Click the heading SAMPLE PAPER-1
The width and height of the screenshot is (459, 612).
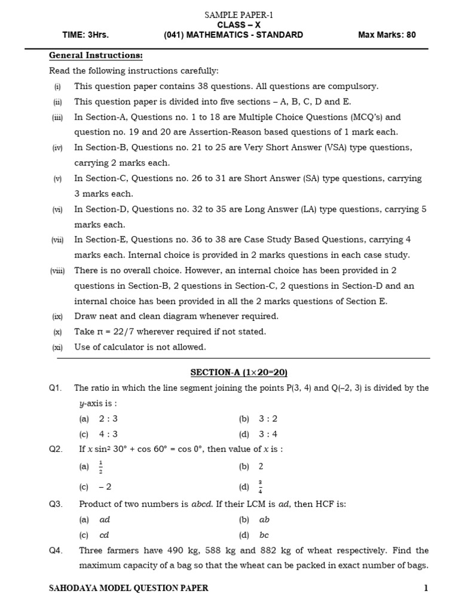click(x=238, y=15)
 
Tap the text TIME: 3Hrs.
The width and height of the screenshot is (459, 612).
click(x=85, y=35)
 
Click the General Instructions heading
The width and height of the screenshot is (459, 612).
click(x=96, y=56)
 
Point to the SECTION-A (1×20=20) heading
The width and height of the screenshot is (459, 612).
click(x=239, y=372)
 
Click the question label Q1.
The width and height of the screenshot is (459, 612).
click(x=56, y=388)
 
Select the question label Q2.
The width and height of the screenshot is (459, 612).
click(x=56, y=449)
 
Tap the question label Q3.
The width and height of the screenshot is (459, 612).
click(x=56, y=504)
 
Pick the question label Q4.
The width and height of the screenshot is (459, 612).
click(x=56, y=550)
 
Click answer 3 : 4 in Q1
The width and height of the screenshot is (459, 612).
click(x=268, y=434)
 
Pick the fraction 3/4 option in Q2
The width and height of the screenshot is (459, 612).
click(x=261, y=487)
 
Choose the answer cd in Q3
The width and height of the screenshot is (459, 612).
click(x=105, y=535)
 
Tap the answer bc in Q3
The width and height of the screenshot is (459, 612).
click(x=264, y=535)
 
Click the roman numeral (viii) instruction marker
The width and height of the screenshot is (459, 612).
click(x=57, y=271)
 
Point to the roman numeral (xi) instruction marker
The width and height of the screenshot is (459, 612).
click(x=57, y=347)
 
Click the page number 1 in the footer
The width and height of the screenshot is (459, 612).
click(x=426, y=588)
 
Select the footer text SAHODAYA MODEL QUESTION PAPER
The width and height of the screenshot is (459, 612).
click(x=128, y=588)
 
